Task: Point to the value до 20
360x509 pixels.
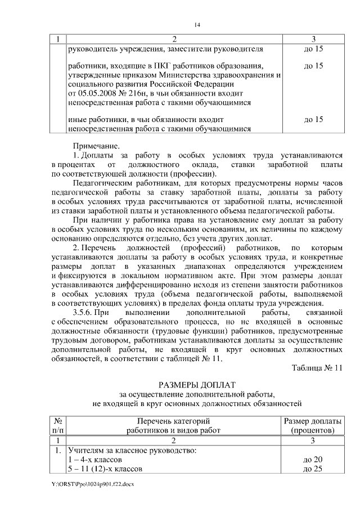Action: [x=312, y=460]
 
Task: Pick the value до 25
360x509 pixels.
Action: [x=312, y=469]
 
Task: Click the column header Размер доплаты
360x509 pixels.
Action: [x=312, y=421]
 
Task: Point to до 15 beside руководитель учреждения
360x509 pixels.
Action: [x=313, y=49]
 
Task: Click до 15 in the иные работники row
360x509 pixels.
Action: [x=313, y=119]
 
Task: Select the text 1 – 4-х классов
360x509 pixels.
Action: [x=94, y=460]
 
